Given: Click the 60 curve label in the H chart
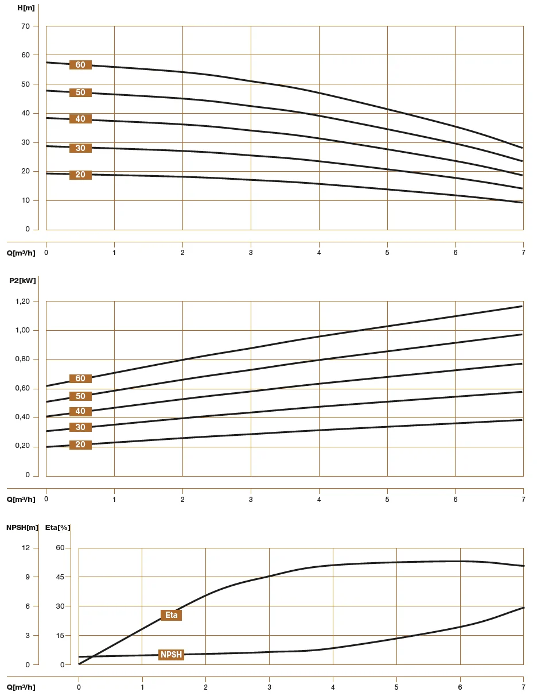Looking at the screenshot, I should coord(80,65).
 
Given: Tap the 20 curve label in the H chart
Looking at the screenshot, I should coord(80,175).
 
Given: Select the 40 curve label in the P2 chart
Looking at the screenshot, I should coord(80,411).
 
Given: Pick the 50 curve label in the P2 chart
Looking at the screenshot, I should coord(80,396).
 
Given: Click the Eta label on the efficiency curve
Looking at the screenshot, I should coord(171,615).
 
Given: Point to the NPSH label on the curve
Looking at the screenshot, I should coord(171,655).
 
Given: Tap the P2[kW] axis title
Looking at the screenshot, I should coord(22,281).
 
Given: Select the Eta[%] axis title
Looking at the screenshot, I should coord(57,527).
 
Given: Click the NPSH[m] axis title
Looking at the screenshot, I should coord(22,527).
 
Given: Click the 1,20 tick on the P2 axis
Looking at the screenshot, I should coord(24,301).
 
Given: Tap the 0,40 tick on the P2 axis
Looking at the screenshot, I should coord(24,417).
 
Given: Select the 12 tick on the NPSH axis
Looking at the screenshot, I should coord(26,547).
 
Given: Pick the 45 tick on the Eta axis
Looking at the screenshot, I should coord(60,577).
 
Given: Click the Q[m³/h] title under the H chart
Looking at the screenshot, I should coord(21,253).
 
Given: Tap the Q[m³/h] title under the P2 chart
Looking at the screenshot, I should coord(21,499).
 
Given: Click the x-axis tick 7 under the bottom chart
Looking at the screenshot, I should coord(523,687).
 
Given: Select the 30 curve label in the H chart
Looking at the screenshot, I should coord(80,148).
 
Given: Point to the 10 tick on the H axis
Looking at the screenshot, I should coord(26,200).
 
